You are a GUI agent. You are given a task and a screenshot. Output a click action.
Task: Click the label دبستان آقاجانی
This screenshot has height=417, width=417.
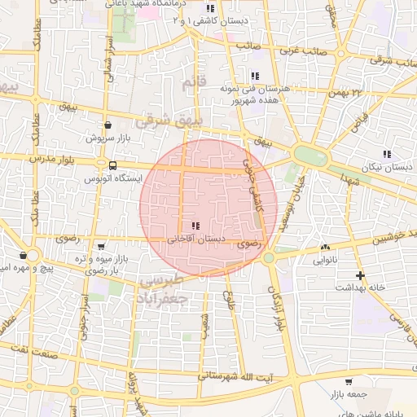pos(194,240)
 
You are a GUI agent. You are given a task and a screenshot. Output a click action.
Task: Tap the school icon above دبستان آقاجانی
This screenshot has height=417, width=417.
pos(194,226)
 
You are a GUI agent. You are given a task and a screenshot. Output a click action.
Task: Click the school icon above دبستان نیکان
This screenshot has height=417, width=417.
pos(387,152)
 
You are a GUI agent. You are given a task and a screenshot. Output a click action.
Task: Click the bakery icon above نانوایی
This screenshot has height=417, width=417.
pos(327,247)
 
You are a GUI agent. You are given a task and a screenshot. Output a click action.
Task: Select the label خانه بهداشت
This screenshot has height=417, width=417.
pos(360,288)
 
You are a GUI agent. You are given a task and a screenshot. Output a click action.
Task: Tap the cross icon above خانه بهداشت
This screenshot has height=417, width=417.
pos(360,275)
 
